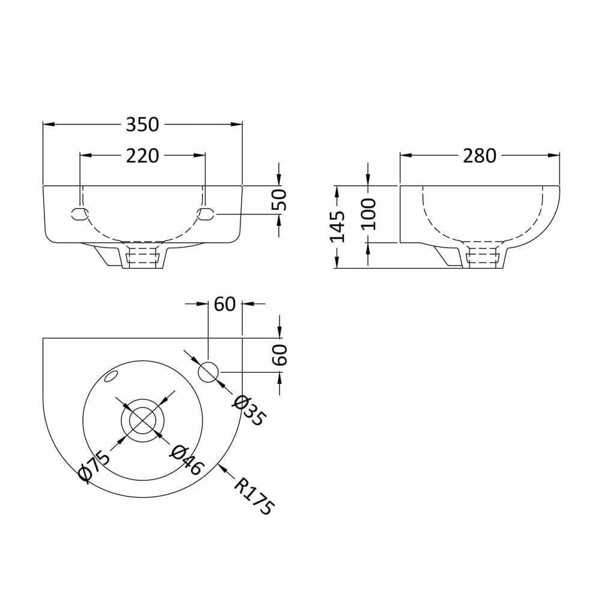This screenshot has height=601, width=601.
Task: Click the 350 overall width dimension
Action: (x=142, y=124)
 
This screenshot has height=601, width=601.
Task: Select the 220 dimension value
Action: (x=142, y=156)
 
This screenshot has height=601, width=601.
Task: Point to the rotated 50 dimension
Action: (x=279, y=199)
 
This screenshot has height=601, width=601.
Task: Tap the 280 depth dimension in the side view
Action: (x=480, y=156)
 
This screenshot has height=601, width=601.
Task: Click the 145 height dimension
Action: (x=338, y=226)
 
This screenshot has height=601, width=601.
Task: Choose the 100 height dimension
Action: (x=367, y=213)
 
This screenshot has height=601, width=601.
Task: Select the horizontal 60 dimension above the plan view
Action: (x=224, y=304)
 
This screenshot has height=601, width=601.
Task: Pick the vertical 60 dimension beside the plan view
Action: (x=279, y=355)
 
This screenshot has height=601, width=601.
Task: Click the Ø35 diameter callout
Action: (x=248, y=410)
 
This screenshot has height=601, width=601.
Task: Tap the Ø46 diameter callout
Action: (x=188, y=460)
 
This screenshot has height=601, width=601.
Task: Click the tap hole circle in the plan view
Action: (x=209, y=372)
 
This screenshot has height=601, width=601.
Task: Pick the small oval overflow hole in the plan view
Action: (x=111, y=377)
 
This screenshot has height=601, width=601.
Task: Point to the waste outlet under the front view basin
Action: (x=142, y=257)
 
